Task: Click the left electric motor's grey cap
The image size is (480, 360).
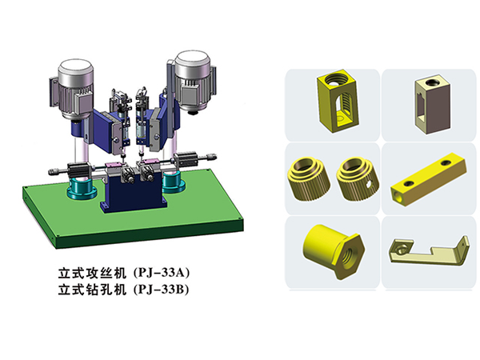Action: [76, 70]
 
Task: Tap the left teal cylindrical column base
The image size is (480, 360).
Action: [82, 188]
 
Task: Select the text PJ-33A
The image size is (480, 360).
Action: [162, 273]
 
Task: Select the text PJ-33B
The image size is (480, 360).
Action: [162, 290]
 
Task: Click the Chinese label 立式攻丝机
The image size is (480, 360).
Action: [92, 273]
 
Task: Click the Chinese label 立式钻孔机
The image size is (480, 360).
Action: [92, 290]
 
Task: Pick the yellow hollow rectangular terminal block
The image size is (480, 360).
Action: [338, 101]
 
